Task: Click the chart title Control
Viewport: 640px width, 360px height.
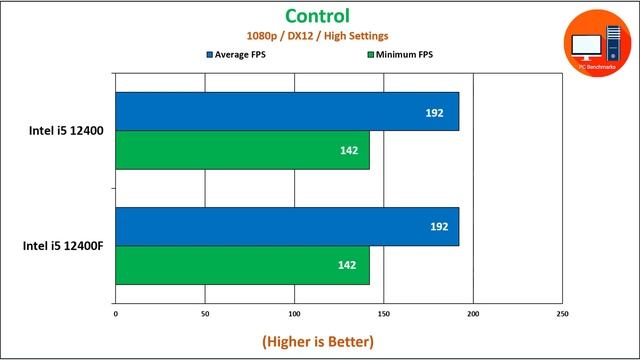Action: tap(317, 16)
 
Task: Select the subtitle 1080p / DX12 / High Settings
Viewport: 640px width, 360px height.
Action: tap(317, 36)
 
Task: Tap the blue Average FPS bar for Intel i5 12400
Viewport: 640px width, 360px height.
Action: tap(287, 112)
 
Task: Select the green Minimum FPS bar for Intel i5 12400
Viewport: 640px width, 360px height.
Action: tap(242, 150)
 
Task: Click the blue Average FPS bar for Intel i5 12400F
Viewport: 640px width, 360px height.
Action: tap(287, 227)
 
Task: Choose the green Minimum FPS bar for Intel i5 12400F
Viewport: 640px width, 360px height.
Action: tap(242, 265)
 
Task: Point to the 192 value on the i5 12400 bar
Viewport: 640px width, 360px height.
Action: tap(434, 112)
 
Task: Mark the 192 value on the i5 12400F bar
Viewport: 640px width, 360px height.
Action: tap(434, 227)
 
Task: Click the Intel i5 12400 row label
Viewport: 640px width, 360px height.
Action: tap(66, 131)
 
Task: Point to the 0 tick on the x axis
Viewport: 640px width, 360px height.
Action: tap(116, 314)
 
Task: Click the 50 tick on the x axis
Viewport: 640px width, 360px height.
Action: tap(205, 314)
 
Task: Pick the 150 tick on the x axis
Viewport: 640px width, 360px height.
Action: tap(383, 314)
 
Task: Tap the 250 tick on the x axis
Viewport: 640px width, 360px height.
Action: tap(561, 314)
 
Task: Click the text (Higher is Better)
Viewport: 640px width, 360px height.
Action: tap(318, 342)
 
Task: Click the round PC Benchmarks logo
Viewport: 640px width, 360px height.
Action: tap(596, 45)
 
